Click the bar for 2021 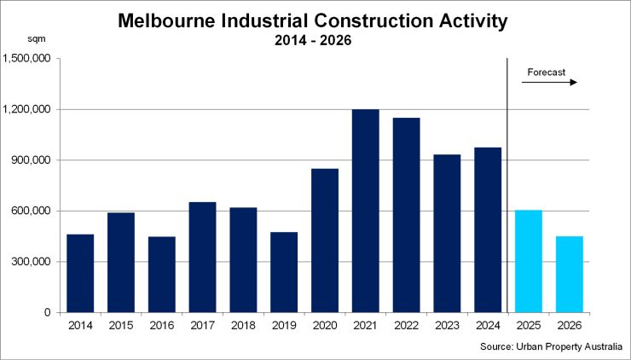click(x=365, y=211)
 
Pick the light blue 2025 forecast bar click(x=529, y=261)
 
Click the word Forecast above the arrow click(x=547, y=73)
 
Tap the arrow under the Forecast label click(x=550, y=83)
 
